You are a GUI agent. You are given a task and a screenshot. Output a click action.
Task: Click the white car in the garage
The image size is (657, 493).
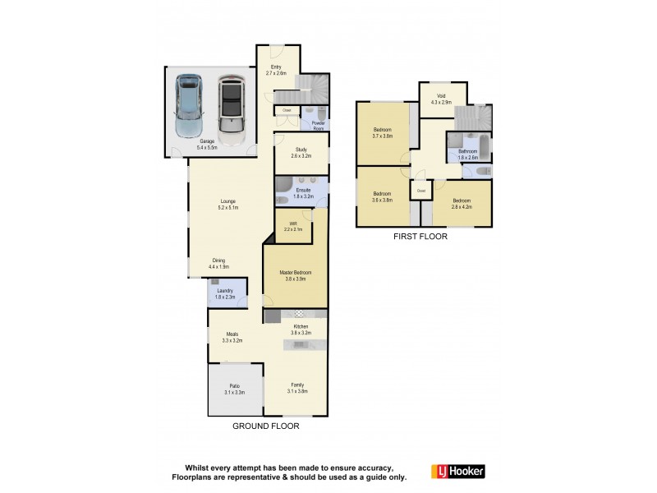coord(232,108)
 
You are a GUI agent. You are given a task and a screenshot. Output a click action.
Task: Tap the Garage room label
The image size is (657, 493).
coord(207,145)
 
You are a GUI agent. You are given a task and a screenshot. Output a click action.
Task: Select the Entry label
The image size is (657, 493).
coord(275,71)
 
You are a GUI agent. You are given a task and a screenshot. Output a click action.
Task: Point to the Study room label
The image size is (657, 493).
coord(301,152)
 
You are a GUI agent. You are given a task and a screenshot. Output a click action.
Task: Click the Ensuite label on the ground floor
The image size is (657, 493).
coord(303,194)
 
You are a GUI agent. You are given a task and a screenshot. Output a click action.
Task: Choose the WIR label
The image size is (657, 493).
coord(293,226)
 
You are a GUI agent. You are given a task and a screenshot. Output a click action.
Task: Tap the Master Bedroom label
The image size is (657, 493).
coord(296,276)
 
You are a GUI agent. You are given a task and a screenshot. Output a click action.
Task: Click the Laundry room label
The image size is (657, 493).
coord(224,293)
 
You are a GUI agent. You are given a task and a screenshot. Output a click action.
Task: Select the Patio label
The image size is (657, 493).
coord(234,389)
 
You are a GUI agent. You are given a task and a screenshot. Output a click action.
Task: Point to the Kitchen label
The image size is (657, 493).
coord(302,329)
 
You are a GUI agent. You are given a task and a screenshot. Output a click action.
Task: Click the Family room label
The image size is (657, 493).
coord(296,389)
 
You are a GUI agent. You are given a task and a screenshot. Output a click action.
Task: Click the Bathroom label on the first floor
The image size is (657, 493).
coord(468,154)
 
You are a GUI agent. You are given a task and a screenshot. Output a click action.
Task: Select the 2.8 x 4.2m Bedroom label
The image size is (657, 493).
coord(462,204)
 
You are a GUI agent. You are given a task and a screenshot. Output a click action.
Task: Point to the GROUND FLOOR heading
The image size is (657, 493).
coord(265,426)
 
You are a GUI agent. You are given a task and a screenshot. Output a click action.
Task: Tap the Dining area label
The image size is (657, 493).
coord(218,264)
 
